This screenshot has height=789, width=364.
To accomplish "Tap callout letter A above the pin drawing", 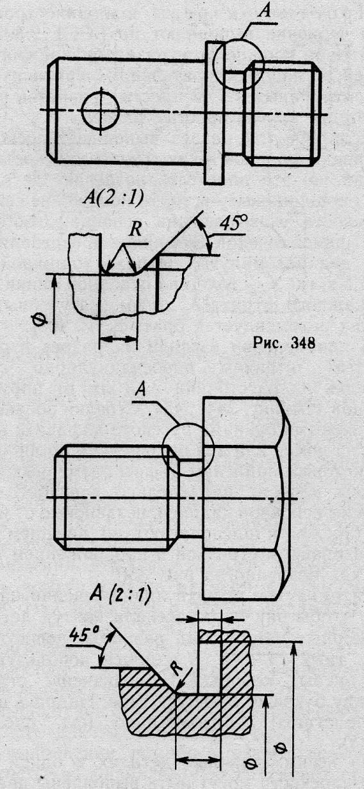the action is tap(264, 11).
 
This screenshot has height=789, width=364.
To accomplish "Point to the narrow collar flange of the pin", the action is tap(214, 112).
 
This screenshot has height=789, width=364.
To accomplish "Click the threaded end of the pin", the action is tap(283, 113).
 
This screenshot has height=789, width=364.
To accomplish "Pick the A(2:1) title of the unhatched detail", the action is tap(113, 199).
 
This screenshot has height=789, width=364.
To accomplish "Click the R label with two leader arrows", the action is tap(135, 230).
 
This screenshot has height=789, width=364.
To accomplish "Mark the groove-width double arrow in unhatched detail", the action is tap(119, 339).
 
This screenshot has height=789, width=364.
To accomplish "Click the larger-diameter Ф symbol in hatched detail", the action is tap(281, 756).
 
